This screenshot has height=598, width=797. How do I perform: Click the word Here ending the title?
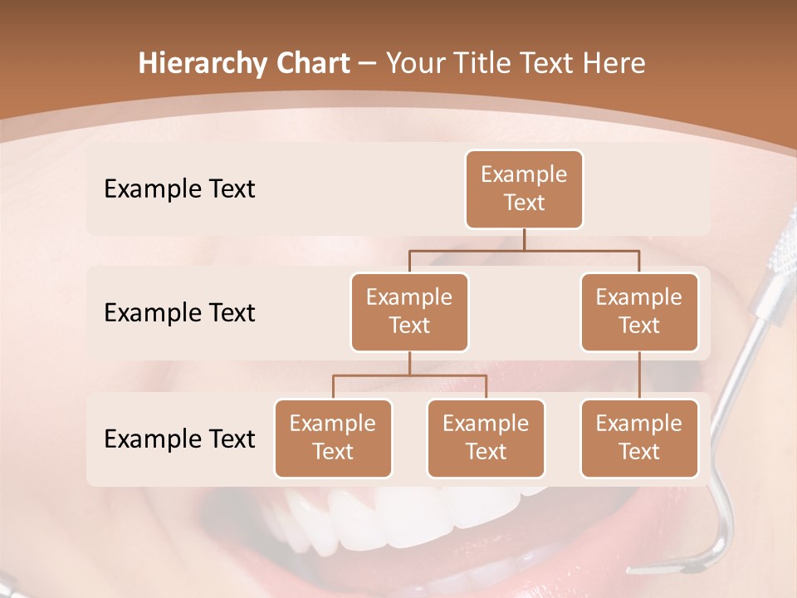[614, 63]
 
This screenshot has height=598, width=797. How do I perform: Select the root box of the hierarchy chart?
[524, 189]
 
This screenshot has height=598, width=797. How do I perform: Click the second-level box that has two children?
[409, 311]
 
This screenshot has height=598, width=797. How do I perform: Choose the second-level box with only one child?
[639, 311]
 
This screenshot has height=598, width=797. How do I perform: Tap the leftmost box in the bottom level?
[333, 438]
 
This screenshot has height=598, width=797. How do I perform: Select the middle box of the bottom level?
[486, 438]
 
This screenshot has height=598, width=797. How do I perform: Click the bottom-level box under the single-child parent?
[639, 438]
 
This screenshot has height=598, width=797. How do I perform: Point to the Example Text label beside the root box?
[179, 189]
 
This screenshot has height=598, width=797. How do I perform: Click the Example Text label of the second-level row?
[179, 312]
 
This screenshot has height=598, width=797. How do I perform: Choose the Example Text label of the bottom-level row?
[179, 439]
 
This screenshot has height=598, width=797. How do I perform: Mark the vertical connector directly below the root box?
[524, 238]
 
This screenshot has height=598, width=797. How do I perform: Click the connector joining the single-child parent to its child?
[639, 375]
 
